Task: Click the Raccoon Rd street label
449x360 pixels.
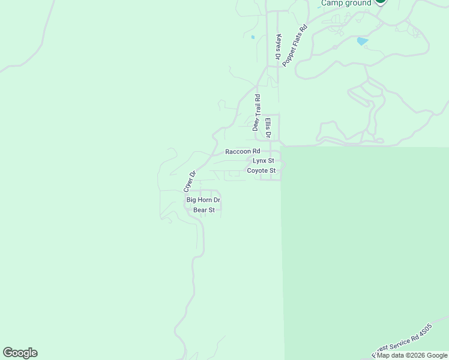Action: coord(243,152)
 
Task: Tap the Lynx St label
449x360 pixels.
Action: coord(263,161)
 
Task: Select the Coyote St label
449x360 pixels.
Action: coord(261,170)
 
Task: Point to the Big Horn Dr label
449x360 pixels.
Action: coord(203,200)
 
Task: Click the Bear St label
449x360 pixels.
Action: coord(204,210)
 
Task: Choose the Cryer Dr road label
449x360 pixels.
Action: coord(190,181)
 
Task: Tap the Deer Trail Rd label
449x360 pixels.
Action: coord(256,112)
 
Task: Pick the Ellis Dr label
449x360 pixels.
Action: coord(268,127)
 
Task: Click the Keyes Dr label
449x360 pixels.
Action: coord(279,46)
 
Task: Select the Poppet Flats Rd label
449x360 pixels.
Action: coord(295,45)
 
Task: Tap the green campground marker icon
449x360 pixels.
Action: coord(380,2)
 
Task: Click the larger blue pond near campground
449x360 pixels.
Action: coord(362,41)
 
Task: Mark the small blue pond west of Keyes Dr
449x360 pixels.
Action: coord(253,37)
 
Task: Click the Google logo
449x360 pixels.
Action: coord(20,353)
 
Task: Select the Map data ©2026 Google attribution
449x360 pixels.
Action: coord(412,355)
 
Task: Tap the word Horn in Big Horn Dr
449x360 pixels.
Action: coord(206,200)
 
